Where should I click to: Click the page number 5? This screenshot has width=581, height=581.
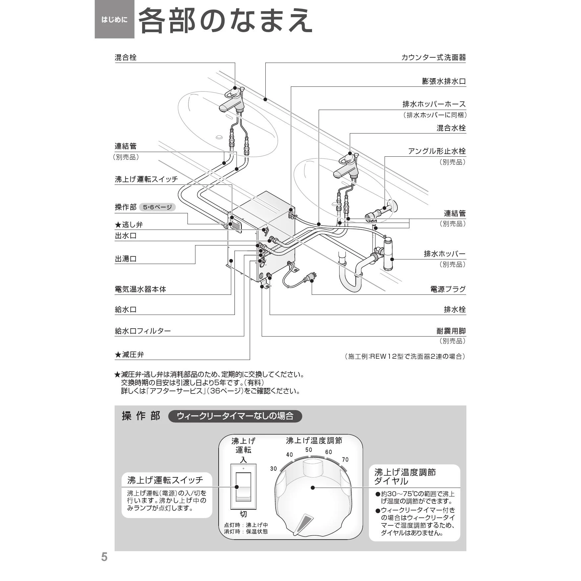point(104,557)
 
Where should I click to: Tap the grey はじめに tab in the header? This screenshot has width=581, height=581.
point(114,20)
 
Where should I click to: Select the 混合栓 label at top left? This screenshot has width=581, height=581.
point(126,57)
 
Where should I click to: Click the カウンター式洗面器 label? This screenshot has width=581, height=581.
point(433,57)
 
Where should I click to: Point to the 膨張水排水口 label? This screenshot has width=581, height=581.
point(444,81)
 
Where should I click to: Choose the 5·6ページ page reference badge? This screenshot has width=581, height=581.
point(157,207)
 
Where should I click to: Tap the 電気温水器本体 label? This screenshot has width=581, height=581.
point(140,289)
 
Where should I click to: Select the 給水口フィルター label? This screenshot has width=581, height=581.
point(143,331)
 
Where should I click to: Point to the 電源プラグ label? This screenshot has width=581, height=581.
point(448,289)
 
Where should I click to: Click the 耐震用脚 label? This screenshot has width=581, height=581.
point(451,331)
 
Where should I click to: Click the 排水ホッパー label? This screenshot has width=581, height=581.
point(445,254)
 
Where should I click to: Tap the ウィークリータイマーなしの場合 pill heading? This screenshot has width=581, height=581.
point(235,416)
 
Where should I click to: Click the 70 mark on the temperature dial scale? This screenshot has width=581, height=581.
point(345,459)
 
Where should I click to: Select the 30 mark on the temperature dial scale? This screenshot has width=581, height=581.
point(273,468)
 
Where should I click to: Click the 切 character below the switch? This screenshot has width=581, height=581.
point(243,514)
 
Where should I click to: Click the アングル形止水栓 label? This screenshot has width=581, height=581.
point(437,151)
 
